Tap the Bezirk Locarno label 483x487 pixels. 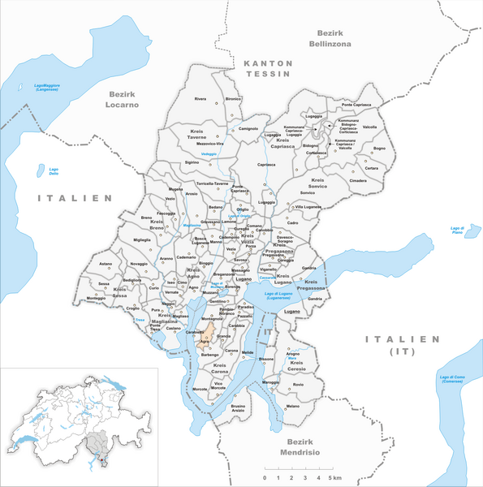pos(121,99)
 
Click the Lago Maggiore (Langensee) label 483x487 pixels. pos(48,87)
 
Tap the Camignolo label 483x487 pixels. pos(248,128)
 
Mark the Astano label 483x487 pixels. pos(106,264)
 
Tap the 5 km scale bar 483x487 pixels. pos(300,470)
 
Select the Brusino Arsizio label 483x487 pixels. pos(238,407)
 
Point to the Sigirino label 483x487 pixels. pos(192,162)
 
